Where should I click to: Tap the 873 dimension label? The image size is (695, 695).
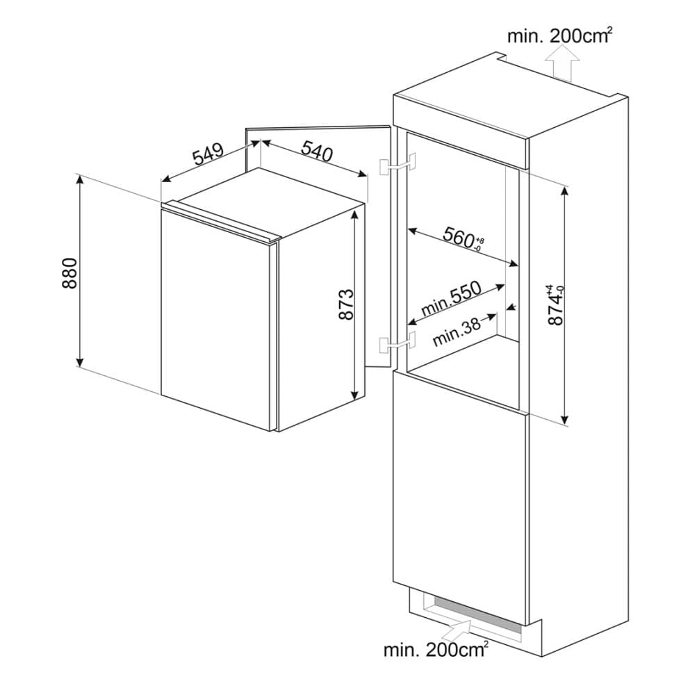pos(346,304)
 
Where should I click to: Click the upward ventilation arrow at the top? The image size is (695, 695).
pos(561,68)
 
